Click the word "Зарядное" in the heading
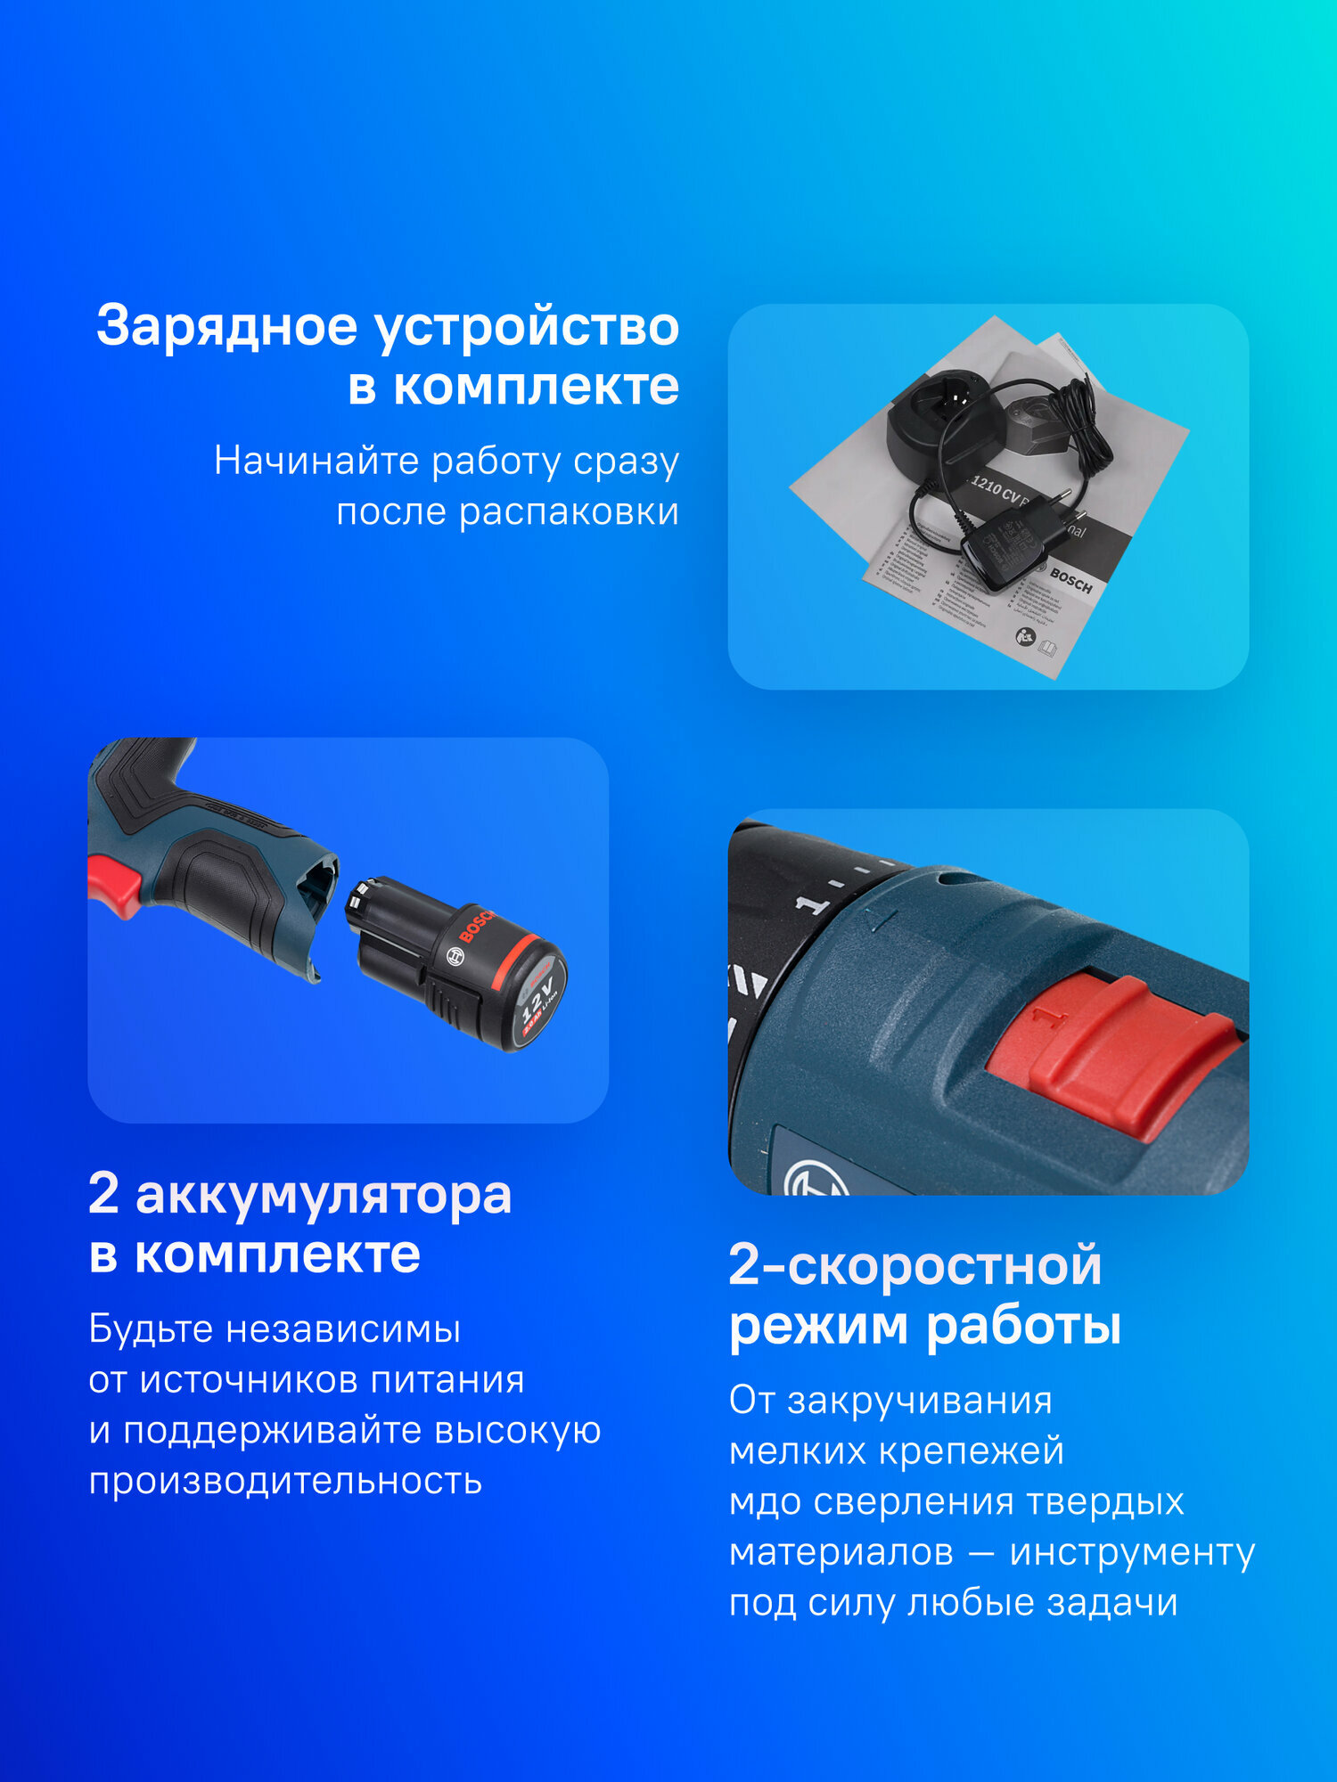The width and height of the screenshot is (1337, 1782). [x=226, y=327]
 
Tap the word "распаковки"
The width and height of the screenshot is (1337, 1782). [x=568, y=512]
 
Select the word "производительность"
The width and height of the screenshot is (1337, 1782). [x=285, y=1480]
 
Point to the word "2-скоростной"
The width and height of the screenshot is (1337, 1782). [x=915, y=1265]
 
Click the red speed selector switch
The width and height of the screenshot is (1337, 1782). [x=1114, y=1051]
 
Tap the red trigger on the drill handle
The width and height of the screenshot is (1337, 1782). [x=113, y=884]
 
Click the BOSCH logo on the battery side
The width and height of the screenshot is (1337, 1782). [x=476, y=927]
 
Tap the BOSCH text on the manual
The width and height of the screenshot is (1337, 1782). [x=1070, y=581]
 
